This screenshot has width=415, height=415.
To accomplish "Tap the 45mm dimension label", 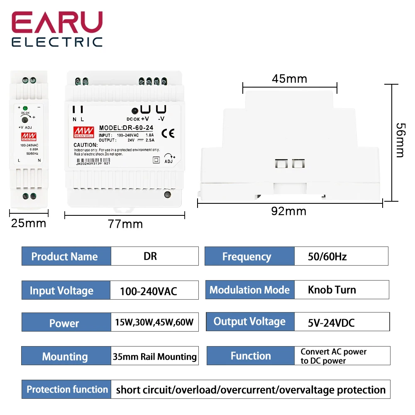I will (x=289, y=78).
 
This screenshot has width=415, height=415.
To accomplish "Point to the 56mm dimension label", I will (x=399, y=140).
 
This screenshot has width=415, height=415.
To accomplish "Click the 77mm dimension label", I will (x=125, y=224).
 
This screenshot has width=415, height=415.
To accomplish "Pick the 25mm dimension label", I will (x=29, y=223).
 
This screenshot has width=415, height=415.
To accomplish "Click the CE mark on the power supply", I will (x=171, y=133).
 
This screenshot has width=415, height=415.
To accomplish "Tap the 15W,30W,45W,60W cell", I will (x=154, y=322).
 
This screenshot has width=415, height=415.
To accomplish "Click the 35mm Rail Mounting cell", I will (x=154, y=356).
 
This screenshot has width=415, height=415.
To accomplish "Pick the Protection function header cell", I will (x=67, y=389).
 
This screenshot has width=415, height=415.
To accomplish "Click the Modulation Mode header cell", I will (x=250, y=290).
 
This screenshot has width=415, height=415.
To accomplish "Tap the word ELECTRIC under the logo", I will (x=57, y=41).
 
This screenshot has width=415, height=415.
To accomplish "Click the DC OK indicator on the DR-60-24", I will (x=135, y=111).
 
